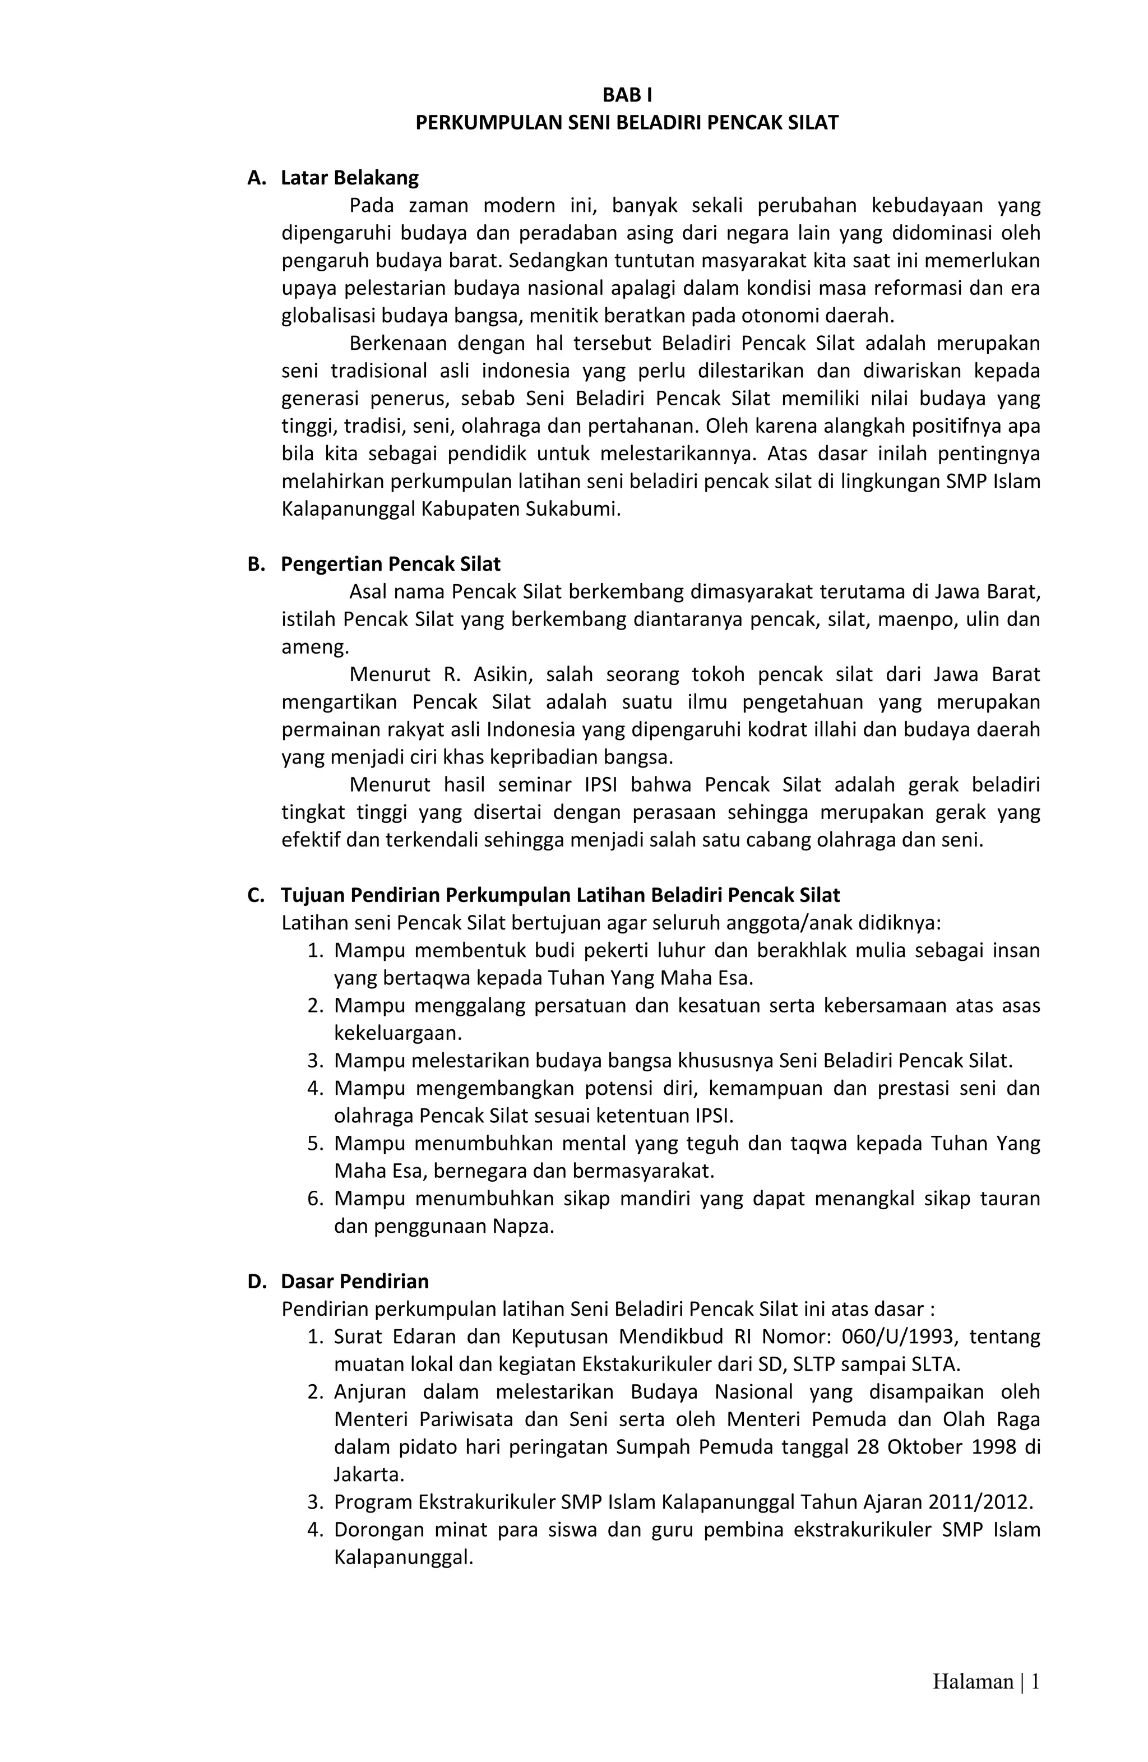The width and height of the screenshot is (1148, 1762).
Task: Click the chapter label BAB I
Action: [627, 95]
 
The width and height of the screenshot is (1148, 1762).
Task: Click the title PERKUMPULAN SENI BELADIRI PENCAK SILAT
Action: [627, 123]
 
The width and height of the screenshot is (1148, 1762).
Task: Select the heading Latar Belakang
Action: [349, 178]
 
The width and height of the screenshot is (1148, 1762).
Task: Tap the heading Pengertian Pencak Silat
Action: [390, 564]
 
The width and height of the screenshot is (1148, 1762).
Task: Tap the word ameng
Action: [314, 647]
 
